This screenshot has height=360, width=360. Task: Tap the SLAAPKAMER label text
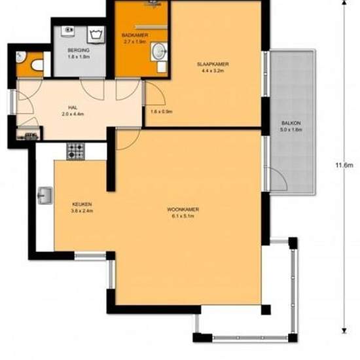(x=213, y=63)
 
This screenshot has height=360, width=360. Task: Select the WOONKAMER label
(x=185, y=209)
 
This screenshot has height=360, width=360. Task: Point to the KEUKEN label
(x=82, y=204)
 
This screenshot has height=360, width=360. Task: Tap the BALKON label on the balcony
(x=291, y=122)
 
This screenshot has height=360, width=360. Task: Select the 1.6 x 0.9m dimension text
(x=161, y=111)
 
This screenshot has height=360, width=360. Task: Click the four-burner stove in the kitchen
(x=75, y=151)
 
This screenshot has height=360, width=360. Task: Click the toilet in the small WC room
(x=37, y=65)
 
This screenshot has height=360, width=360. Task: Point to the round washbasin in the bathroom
(x=158, y=51)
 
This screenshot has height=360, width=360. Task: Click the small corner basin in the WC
(x=22, y=56)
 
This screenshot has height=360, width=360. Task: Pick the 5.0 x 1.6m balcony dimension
(x=291, y=129)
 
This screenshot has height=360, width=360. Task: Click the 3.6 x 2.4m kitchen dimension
(x=82, y=211)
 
